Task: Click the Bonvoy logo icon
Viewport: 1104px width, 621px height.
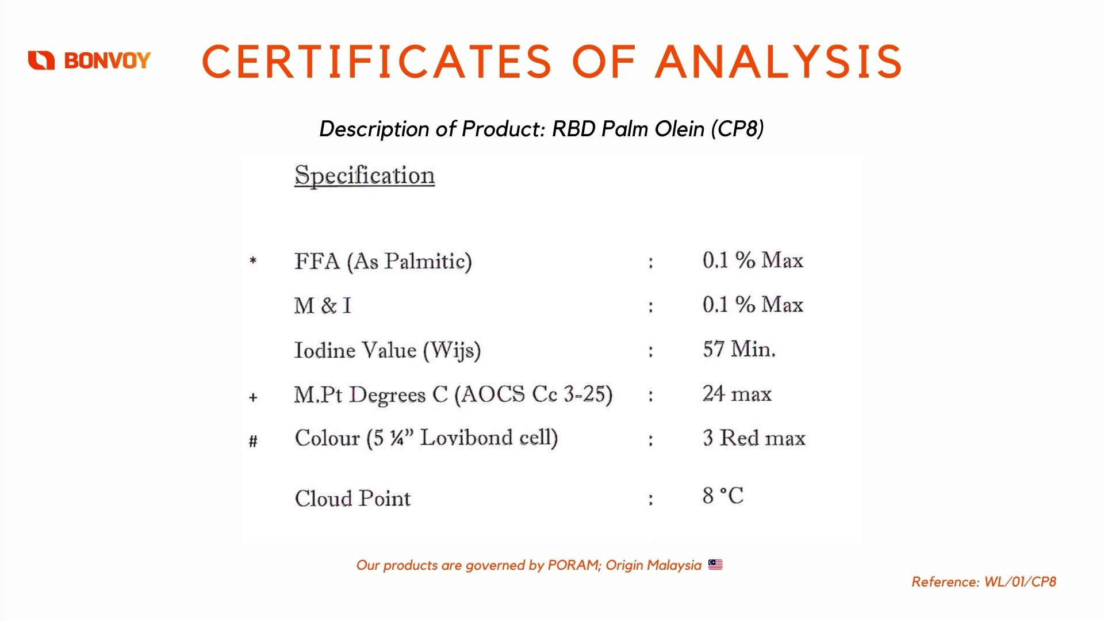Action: pyautogui.click(x=41, y=60)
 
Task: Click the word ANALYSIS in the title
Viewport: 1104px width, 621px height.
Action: pyautogui.click(x=779, y=62)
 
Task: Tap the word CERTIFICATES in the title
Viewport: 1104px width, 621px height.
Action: pyautogui.click(x=377, y=62)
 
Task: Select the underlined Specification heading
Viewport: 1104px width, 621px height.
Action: pyautogui.click(x=365, y=175)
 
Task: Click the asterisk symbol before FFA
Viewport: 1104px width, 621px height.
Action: pyautogui.click(x=253, y=261)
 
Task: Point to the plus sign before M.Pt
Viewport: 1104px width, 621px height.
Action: pyautogui.click(x=253, y=397)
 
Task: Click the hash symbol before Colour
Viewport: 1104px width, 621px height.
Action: pyautogui.click(x=253, y=441)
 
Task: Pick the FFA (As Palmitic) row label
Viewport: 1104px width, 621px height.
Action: pyautogui.click(x=383, y=262)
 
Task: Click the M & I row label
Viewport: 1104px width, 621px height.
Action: pyautogui.click(x=323, y=305)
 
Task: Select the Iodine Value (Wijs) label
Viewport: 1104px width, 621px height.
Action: pyautogui.click(x=388, y=350)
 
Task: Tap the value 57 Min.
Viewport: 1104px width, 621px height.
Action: pyautogui.click(x=739, y=349)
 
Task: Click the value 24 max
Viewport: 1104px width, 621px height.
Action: pyautogui.click(x=737, y=394)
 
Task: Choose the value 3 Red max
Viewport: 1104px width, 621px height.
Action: pyautogui.click(x=754, y=438)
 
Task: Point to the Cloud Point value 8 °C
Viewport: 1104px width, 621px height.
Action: pyautogui.click(x=723, y=496)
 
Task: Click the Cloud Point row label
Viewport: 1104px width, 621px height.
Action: pyautogui.click(x=352, y=498)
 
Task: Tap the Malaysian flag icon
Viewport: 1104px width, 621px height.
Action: pyautogui.click(x=715, y=565)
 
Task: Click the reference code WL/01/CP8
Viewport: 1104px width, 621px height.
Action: pyautogui.click(x=1020, y=582)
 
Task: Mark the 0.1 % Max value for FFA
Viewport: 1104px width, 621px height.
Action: pyautogui.click(x=753, y=260)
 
